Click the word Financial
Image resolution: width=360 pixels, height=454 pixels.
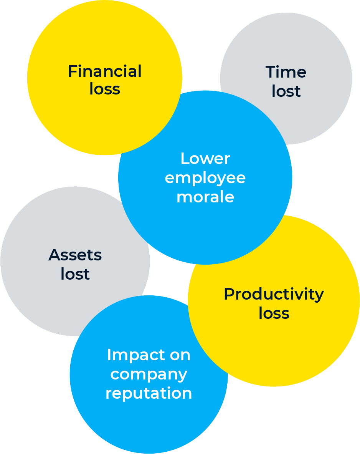(105, 71)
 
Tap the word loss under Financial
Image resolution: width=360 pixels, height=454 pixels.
(105, 89)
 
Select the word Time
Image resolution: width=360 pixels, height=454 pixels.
(286, 72)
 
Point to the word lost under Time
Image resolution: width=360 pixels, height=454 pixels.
(286, 91)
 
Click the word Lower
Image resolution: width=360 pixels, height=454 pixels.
(205, 159)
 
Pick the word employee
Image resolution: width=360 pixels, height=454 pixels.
(205, 178)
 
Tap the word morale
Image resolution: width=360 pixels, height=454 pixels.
(205, 197)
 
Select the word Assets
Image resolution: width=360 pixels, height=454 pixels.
(75, 255)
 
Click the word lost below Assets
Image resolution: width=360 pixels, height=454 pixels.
(75, 274)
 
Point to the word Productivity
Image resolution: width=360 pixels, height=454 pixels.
(274, 295)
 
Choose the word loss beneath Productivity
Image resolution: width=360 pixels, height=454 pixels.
(274, 313)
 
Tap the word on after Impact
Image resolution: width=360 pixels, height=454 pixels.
(180, 355)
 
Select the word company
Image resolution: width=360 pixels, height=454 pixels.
(149, 374)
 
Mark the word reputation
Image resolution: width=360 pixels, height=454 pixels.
(149, 394)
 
